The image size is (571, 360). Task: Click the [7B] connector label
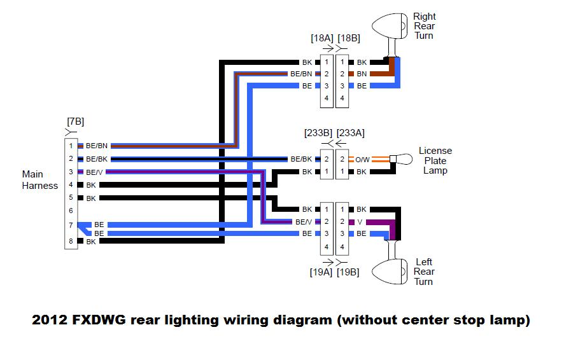click(75, 121)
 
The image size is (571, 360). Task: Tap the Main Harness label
click(40, 180)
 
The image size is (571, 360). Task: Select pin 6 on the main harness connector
click(71, 211)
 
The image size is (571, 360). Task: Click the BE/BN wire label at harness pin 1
click(97, 146)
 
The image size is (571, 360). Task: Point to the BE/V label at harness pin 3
click(94, 172)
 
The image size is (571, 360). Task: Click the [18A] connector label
click(322, 38)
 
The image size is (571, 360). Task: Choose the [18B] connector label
click(349, 38)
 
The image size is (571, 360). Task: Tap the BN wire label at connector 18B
click(361, 74)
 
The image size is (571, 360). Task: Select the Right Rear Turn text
click(425, 26)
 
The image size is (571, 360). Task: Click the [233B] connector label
click(318, 133)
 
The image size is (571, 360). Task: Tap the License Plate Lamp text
click(435, 160)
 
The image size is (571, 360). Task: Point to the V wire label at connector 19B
click(360, 221)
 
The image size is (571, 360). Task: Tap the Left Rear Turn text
click(425, 272)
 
